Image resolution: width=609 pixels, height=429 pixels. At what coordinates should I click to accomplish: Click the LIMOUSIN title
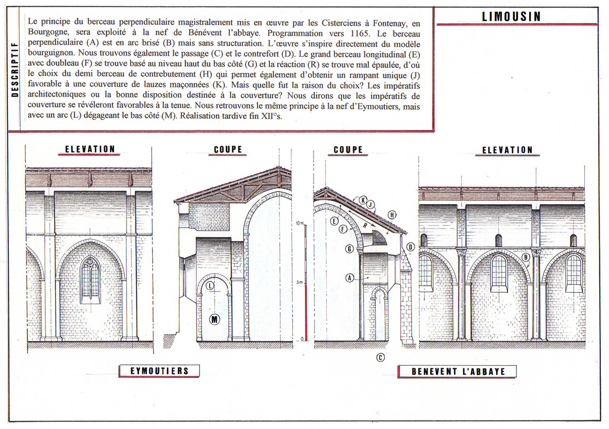pyautogui.click(x=511, y=17)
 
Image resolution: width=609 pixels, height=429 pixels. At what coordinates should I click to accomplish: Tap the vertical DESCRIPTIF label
pyautogui.click(x=15, y=69)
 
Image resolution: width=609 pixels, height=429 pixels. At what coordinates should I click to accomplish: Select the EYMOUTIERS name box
pyautogui.click(x=159, y=371)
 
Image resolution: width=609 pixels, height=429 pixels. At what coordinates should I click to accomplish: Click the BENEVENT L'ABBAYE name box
pyautogui.click(x=457, y=371)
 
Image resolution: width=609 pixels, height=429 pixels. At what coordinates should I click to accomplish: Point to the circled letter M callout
pyautogui.click(x=215, y=319)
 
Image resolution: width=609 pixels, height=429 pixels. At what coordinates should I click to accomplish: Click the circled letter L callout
pyautogui.click(x=210, y=286)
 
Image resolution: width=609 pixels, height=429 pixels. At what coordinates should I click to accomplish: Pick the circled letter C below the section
pyautogui.click(x=380, y=357)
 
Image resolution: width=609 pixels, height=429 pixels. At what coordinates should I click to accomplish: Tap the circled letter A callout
pyautogui.click(x=350, y=278)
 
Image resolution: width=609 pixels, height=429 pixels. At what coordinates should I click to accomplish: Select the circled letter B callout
pyautogui.click(x=526, y=257)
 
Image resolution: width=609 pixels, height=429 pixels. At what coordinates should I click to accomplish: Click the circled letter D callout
pyautogui.click(x=411, y=247)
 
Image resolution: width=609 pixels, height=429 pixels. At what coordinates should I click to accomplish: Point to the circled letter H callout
pyautogui.click(x=392, y=215)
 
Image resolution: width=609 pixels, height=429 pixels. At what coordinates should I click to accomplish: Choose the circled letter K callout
pyautogui.click(x=363, y=200)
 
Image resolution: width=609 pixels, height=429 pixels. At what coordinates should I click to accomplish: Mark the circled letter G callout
pyautogui.click(x=349, y=248)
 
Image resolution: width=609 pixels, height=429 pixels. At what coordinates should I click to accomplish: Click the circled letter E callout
pyautogui.click(x=334, y=221)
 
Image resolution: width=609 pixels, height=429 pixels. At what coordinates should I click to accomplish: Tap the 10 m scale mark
pyautogui.click(x=300, y=223)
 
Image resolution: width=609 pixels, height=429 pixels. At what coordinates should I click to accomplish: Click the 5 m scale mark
pyautogui.click(x=299, y=282)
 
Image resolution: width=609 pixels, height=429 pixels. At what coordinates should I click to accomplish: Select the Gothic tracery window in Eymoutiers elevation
pyautogui.click(x=90, y=280)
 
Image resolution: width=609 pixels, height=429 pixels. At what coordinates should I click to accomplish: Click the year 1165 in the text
pyautogui.click(x=359, y=33)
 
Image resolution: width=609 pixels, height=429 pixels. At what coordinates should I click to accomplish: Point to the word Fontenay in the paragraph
pyautogui.click(x=390, y=23)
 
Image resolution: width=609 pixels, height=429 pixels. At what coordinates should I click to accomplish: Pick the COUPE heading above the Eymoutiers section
pyautogui.click(x=228, y=149)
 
